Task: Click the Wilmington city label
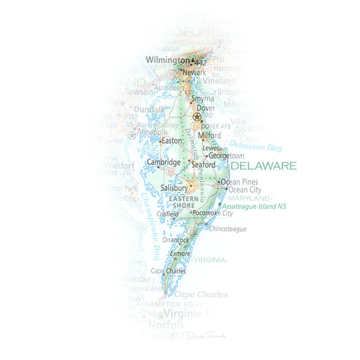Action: [x=168, y=61]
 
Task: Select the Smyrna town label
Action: [x=202, y=99]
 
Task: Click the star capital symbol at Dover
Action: [x=197, y=117]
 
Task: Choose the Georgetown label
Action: [x=226, y=155]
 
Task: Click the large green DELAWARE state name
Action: [x=263, y=165]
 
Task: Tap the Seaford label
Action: [x=203, y=164]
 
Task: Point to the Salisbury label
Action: [x=174, y=188]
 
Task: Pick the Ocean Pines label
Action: [x=240, y=182]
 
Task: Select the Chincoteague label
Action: [x=228, y=229]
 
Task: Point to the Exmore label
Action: [x=180, y=253]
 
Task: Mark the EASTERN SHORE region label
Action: [x=184, y=202]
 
